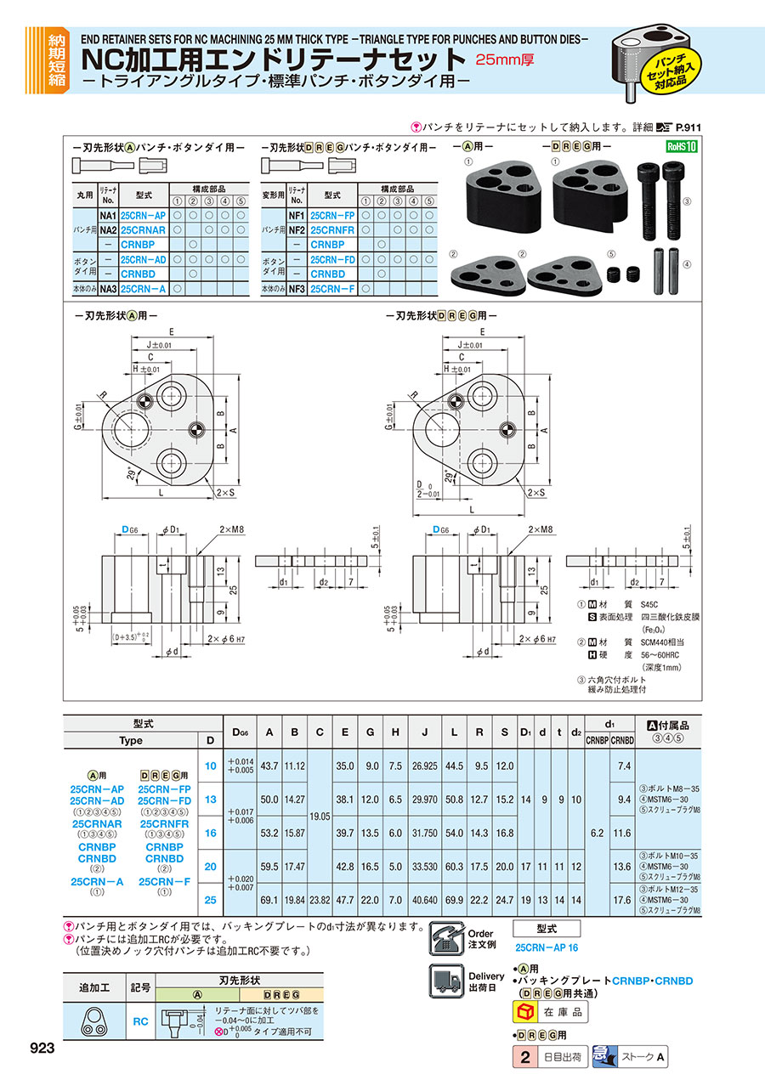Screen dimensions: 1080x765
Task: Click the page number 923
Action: (42, 1049)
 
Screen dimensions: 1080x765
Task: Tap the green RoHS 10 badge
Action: (680, 145)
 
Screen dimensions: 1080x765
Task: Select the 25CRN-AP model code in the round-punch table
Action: (143, 216)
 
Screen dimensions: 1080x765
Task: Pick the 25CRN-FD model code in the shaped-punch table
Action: (332, 259)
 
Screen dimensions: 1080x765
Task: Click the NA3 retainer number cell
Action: (107, 289)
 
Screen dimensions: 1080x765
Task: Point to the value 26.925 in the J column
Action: (425, 766)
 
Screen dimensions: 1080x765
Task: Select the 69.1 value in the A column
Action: (269, 897)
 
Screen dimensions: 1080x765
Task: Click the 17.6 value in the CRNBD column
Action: (623, 897)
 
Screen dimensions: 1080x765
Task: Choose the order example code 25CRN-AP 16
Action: (547, 947)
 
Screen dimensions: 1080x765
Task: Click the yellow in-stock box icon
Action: (525, 1014)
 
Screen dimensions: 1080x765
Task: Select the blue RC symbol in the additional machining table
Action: (141, 1021)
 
